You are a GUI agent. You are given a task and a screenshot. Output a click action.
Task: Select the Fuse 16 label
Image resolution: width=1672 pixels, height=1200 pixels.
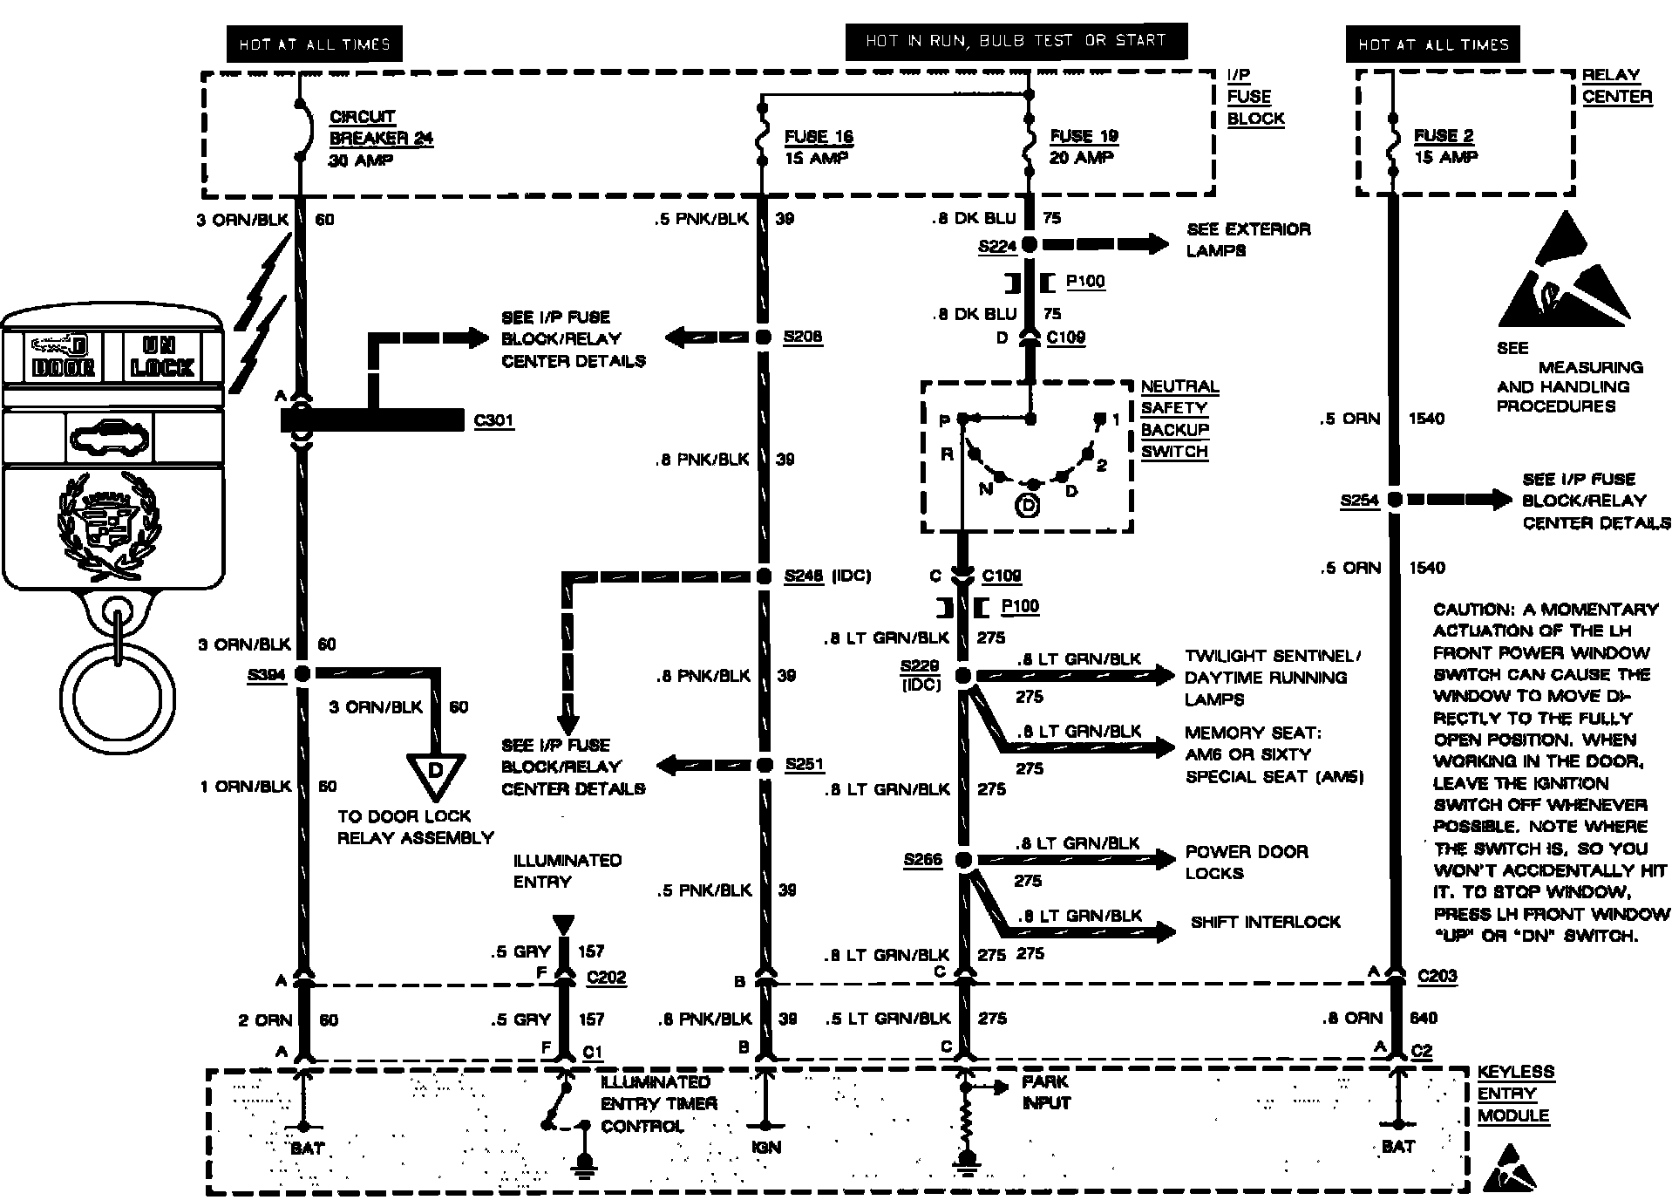[x=818, y=137]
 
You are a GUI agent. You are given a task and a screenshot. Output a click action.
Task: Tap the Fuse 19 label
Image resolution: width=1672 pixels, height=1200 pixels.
[x=1083, y=136]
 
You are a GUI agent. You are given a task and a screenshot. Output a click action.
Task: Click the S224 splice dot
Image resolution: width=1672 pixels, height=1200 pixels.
[x=1030, y=245]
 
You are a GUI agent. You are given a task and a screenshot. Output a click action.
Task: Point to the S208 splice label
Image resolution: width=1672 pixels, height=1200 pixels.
[x=802, y=337]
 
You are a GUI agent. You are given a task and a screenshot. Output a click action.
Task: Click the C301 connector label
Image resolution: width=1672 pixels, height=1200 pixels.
[x=493, y=421]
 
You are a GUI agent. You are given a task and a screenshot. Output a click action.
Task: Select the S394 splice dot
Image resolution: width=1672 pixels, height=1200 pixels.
[x=302, y=673]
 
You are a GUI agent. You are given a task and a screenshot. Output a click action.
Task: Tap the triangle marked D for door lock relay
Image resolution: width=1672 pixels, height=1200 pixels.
[x=435, y=774]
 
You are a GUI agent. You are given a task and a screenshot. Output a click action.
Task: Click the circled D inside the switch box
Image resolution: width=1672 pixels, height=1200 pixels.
[x=1029, y=505]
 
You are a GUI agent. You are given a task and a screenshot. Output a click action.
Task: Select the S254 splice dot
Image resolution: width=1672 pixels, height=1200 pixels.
[x=1394, y=500]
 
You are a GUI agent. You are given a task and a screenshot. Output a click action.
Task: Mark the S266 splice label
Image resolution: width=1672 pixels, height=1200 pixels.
[x=922, y=860]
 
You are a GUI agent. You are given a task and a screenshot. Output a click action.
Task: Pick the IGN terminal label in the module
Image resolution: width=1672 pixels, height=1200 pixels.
[x=765, y=1148]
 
